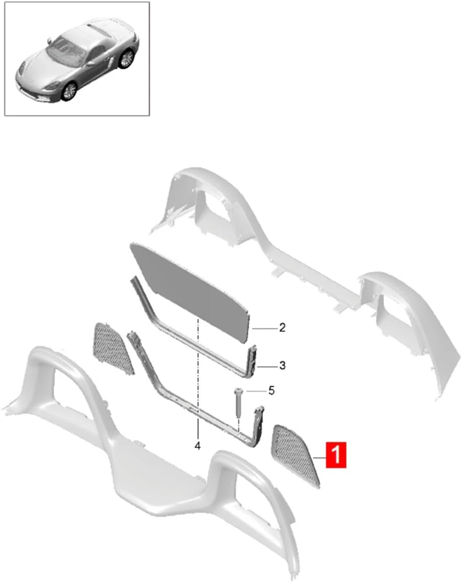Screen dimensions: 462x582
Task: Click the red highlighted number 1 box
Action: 336,455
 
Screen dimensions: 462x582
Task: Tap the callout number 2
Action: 282,328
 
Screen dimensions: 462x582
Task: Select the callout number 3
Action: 282,366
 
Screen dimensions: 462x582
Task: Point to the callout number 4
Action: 198,446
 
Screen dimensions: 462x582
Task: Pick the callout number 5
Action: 272,390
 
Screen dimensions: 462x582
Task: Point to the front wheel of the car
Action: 69,91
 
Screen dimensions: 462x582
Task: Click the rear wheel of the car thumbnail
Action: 126,59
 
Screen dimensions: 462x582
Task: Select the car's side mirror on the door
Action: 90,63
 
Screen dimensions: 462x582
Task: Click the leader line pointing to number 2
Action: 264,329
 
